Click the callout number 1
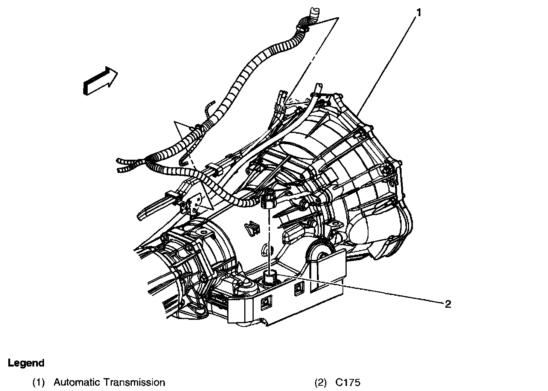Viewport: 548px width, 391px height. click(x=419, y=13)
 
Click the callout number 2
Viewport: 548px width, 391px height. click(x=448, y=304)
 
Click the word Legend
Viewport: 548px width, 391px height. click(x=26, y=363)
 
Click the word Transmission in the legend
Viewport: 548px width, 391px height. click(x=134, y=383)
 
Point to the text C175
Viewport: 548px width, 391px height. click(x=348, y=383)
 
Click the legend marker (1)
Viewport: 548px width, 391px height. click(x=38, y=383)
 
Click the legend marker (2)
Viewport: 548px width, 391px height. click(x=321, y=383)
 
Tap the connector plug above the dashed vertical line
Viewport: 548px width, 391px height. click(x=268, y=200)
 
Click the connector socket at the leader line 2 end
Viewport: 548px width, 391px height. click(x=269, y=278)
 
